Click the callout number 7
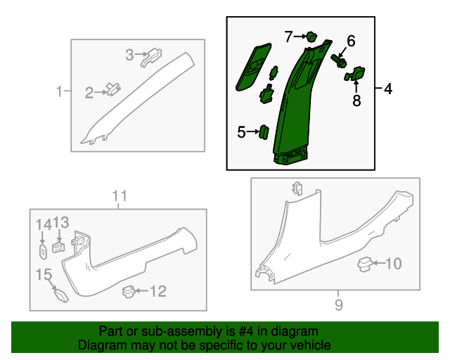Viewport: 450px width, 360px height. click(x=288, y=37)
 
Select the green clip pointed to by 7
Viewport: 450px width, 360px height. click(x=311, y=37)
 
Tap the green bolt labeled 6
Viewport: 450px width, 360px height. click(x=339, y=61)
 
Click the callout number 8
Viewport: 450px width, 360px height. click(x=356, y=101)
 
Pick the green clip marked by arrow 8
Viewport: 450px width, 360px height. click(x=354, y=74)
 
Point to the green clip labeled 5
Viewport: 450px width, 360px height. click(x=264, y=132)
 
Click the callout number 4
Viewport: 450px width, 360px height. click(x=387, y=89)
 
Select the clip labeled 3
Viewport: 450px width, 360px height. click(x=151, y=57)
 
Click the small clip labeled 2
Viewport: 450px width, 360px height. click(x=113, y=89)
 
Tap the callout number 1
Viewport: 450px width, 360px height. click(x=59, y=91)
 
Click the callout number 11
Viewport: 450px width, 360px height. click(x=120, y=196)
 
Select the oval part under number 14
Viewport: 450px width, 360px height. click(x=43, y=252)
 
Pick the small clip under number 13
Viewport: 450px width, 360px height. click(x=58, y=247)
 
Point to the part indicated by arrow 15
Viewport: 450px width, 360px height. click(x=61, y=296)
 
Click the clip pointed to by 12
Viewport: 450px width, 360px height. click(x=129, y=292)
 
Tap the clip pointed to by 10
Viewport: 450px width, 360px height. click(x=365, y=264)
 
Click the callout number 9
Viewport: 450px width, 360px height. click(x=339, y=304)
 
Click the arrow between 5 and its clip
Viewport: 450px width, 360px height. click(x=252, y=131)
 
